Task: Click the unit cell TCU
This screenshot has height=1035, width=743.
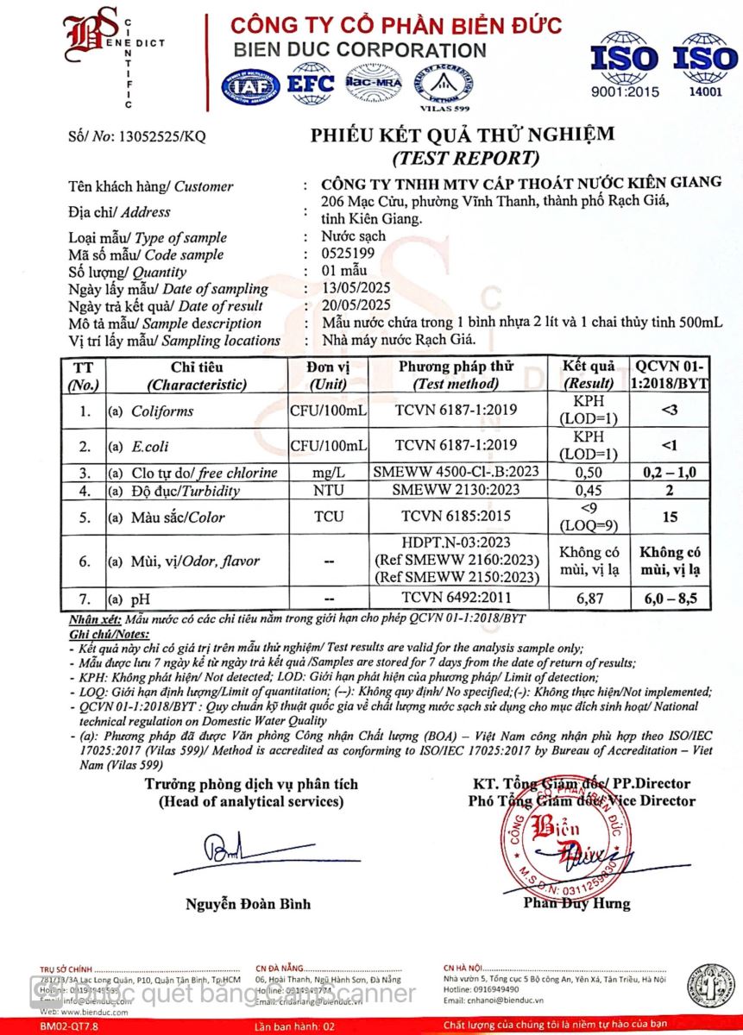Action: coord(330,517)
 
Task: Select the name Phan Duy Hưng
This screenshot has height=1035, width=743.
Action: coord(577,903)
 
